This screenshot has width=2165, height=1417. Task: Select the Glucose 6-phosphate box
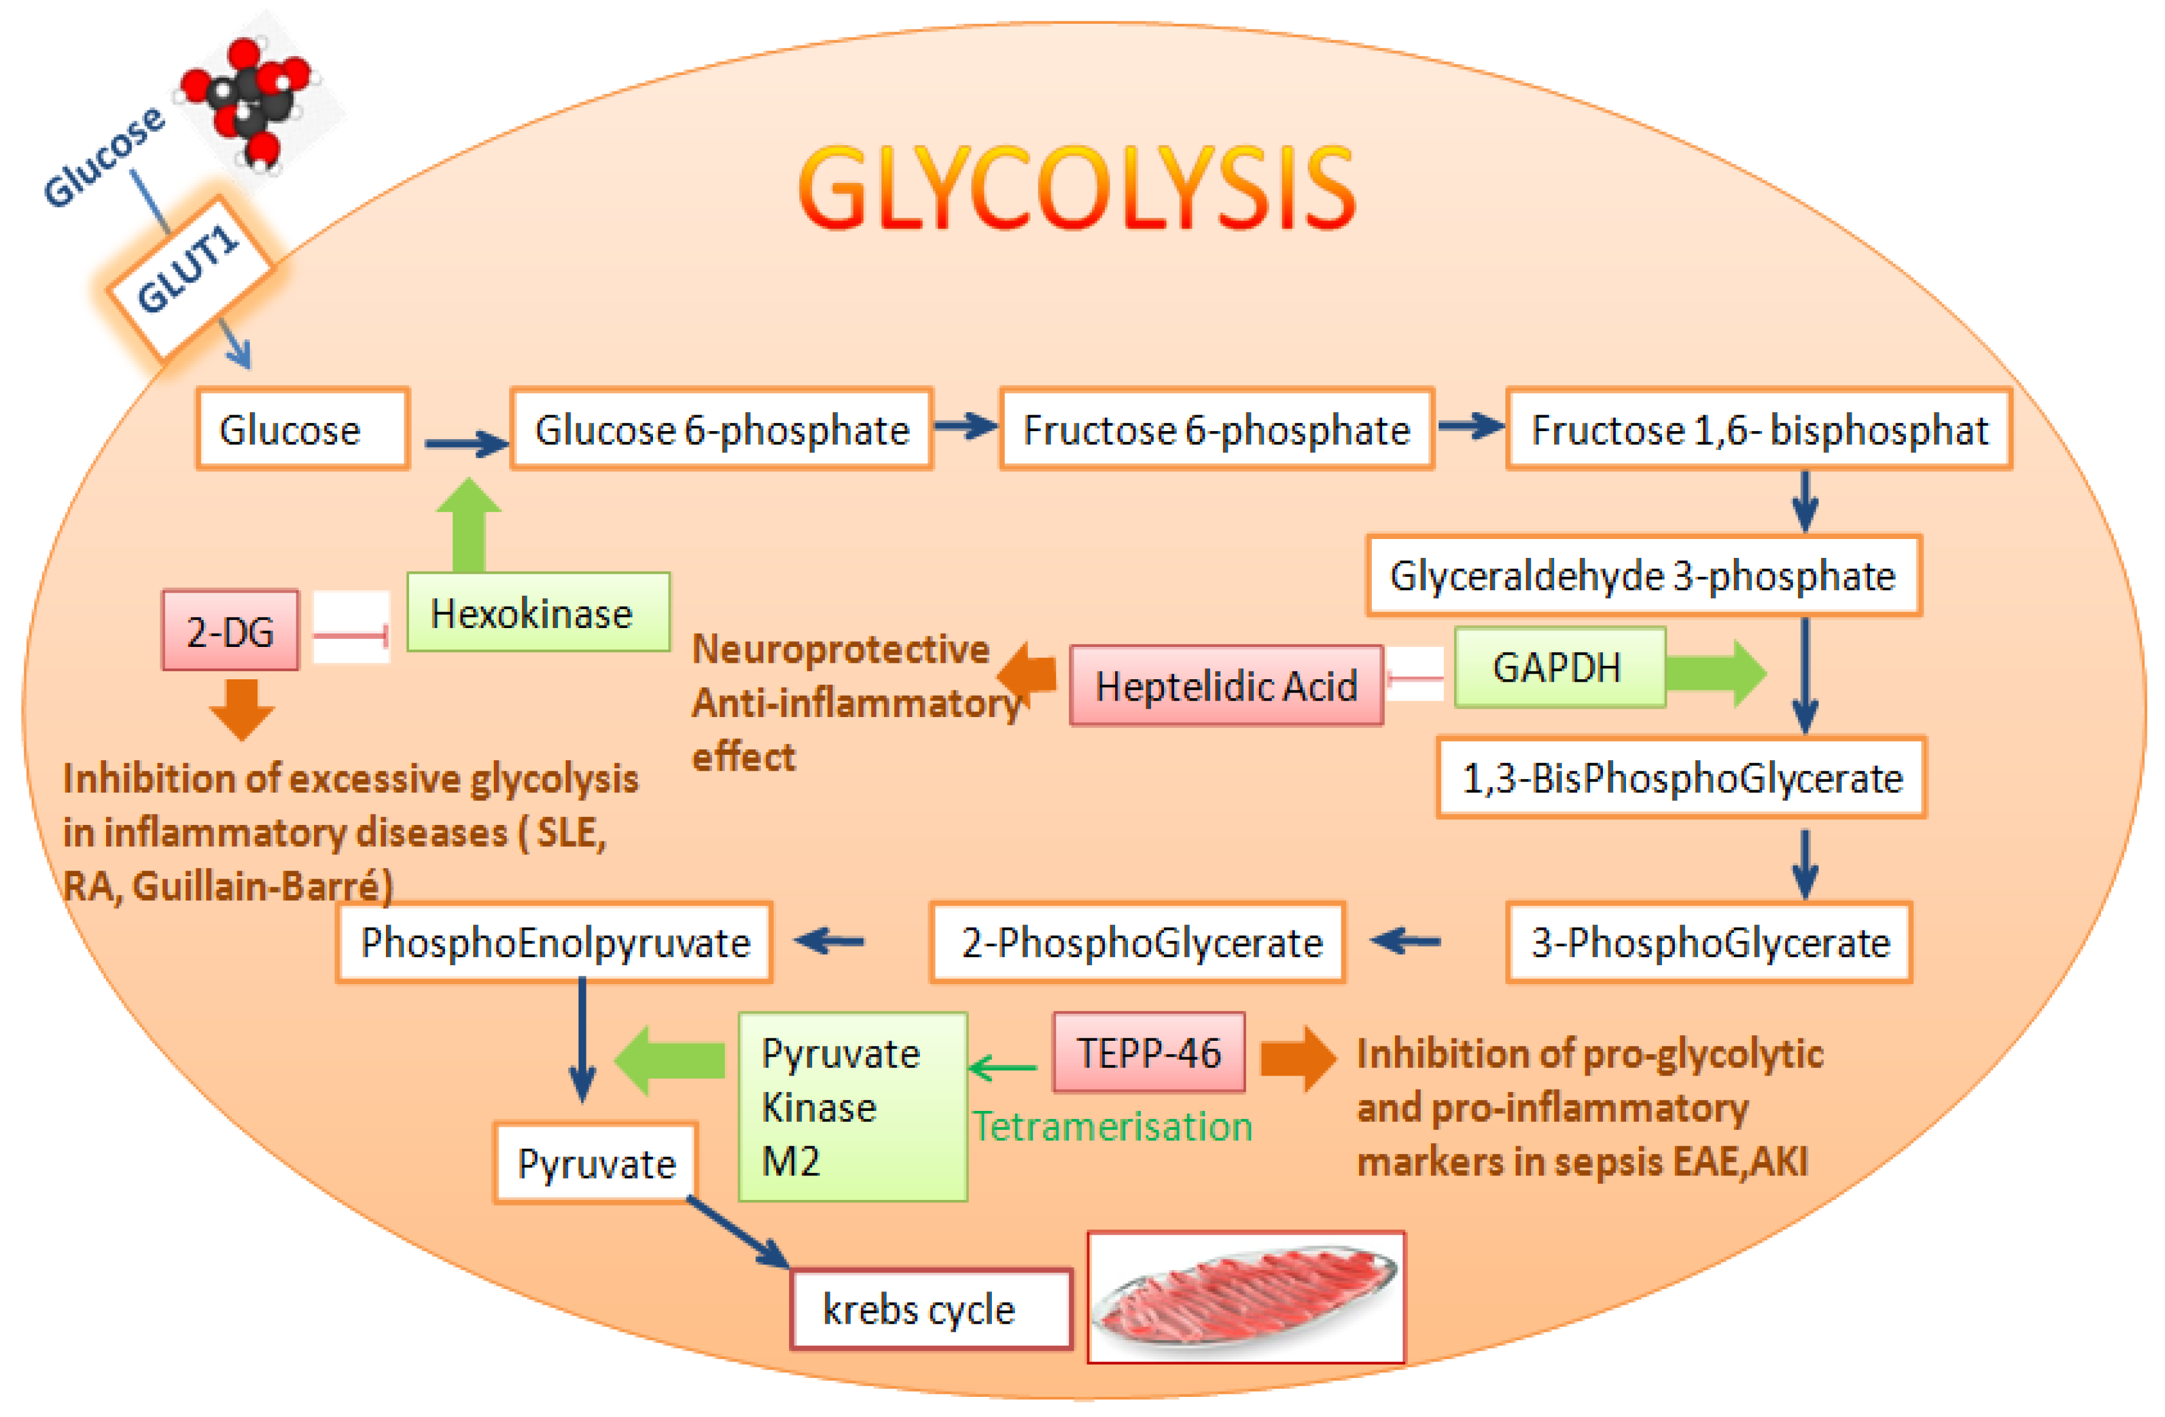tap(721, 429)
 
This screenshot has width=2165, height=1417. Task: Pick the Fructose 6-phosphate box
tap(1216, 429)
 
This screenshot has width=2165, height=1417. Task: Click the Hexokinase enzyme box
tap(538, 612)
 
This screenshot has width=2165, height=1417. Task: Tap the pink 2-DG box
tap(230, 631)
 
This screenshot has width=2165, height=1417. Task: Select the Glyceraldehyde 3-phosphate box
tap(1643, 576)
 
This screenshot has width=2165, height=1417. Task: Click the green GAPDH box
tap(1559, 668)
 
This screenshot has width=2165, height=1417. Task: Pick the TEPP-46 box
tap(1149, 1053)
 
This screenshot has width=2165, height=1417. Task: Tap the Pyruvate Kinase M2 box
tap(852, 1107)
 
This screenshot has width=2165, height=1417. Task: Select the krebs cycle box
tap(930, 1310)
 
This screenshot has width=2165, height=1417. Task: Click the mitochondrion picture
tap(1246, 1297)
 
